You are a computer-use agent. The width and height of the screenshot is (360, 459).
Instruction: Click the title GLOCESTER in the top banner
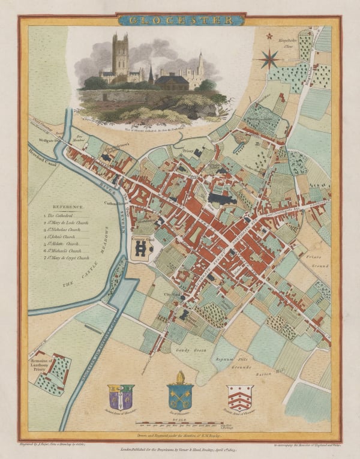(179, 20)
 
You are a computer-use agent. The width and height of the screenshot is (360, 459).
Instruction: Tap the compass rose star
(270, 59)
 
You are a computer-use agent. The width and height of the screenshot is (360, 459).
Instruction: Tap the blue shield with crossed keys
(179, 398)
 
